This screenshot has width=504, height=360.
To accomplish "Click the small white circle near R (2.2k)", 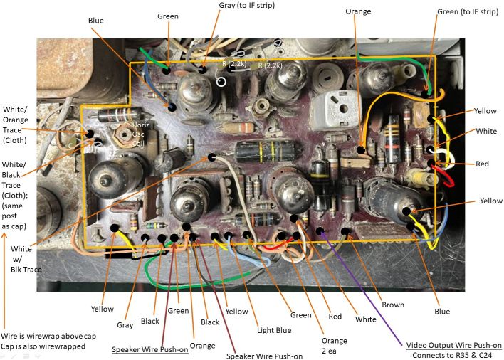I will click(x=221, y=82).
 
